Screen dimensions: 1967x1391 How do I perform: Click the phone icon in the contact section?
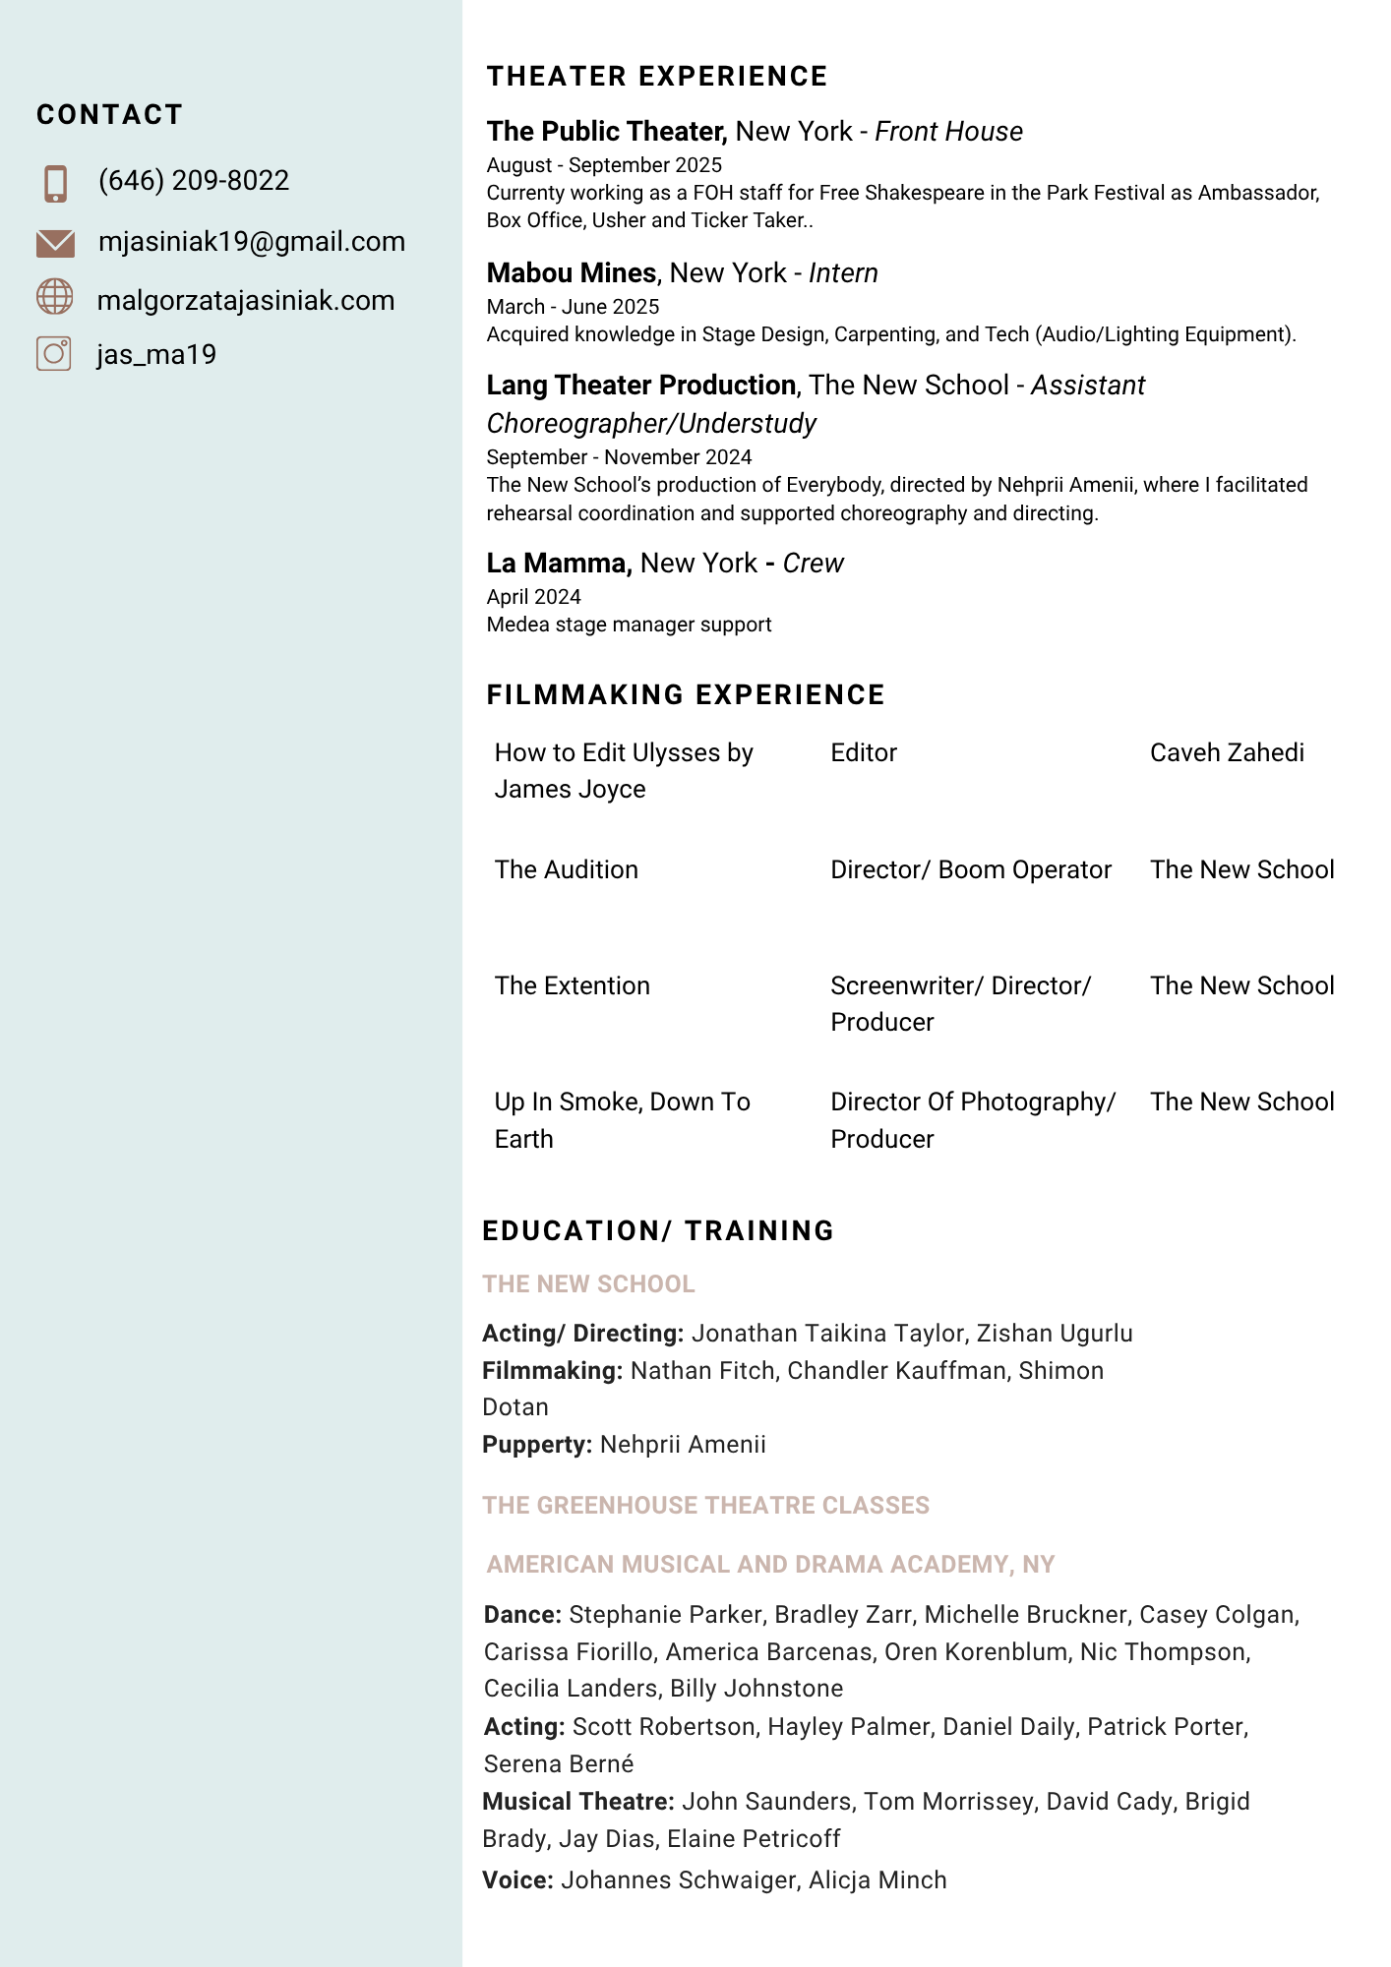[56, 184]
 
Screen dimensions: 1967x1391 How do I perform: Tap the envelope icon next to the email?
[55, 243]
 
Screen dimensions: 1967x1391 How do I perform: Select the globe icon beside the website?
[55, 297]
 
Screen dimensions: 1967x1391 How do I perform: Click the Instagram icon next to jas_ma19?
[54, 353]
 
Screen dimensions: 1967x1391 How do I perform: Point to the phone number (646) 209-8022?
[194, 181]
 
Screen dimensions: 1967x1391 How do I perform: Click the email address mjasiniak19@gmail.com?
[252, 242]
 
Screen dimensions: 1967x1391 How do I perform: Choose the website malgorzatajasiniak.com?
[246, 301]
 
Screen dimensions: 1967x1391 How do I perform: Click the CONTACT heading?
[110, 115]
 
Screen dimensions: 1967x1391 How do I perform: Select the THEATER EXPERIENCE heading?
[657, 77]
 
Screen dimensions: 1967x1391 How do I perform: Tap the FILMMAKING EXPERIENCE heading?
[686, 695]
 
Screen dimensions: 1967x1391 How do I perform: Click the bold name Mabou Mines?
[572, 273]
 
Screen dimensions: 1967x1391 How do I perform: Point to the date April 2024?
[534, 597]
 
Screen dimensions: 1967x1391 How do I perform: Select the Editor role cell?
[864, 753]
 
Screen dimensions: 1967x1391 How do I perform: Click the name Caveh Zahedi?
[1227, 753]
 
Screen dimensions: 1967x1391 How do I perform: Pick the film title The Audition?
[567, 870]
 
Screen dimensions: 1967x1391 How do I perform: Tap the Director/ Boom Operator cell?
[971, 870]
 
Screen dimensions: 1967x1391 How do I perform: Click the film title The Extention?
[573, 986]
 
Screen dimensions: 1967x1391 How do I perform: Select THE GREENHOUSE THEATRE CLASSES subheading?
[705, 1506]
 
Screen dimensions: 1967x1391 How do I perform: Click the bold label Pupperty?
[537, 1445]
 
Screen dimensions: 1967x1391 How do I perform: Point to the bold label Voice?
[517, 1880]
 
